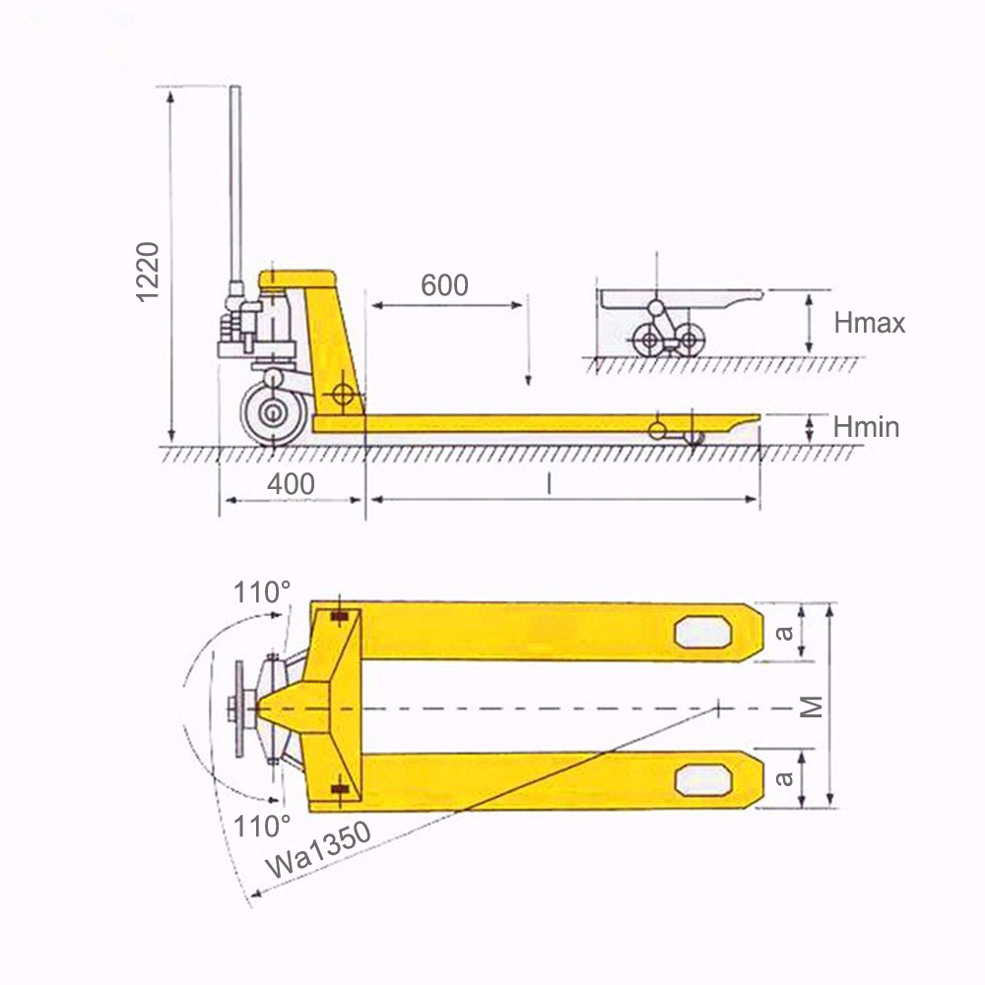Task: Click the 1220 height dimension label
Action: tap(148, 271)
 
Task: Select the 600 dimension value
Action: tap(444, 285)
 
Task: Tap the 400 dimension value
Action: tap(292, 484)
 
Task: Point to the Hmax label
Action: tap(868, 323)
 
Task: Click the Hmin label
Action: tap(865, 427)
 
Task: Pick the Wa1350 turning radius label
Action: tap(319, 847)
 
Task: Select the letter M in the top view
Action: tap(810, 706)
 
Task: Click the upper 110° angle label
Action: tap(262, 592)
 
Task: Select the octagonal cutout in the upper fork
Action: tap(703, 632)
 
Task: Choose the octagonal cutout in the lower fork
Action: tap(703, 780)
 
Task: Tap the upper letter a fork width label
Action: tap(784, 632)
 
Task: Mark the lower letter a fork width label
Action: tap(784, 779)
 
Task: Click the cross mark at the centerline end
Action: tap(720, 707)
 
